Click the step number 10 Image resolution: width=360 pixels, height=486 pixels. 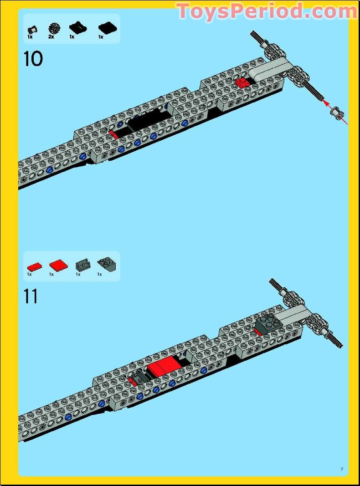[x=33, y=59]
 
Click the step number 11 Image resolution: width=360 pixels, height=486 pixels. [x=31, y=297]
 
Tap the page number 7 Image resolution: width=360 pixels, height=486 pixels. [x=341, y=470]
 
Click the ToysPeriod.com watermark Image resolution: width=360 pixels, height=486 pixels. [x=266, y=11]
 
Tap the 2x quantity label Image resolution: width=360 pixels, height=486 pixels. [x=51, y=37]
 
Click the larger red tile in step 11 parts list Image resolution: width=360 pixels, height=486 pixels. [x=57, y=265]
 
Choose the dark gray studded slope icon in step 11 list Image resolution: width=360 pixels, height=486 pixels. [x=105, y=264]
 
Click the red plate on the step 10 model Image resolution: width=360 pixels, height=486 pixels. [x=242, y=83]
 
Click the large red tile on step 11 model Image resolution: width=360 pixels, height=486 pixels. [x=163, y=365]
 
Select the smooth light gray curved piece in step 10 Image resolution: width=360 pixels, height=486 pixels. [x=271, y=69]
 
